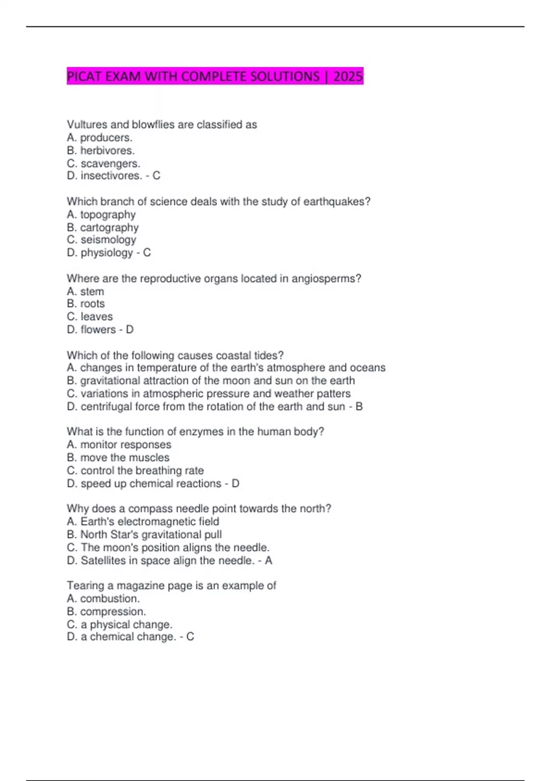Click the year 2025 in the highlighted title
click(x=348, y=76)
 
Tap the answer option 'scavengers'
click(x=110, y=164)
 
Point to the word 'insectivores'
click(x=111, y=176)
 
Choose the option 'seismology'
click(x=108, y=240)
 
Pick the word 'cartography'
click(x=109, y=227)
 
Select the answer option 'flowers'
click(x=98, y=329)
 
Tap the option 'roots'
click(x=92, y=304)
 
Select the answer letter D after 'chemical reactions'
click(x=236, y=484)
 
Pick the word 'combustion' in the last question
click(x=110, y=599)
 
